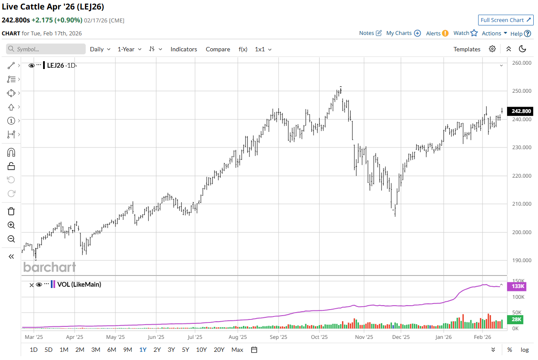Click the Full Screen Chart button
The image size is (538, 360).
coord(506,20)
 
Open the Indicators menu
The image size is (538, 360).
coord(183,49)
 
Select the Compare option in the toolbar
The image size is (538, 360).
coord(218,49)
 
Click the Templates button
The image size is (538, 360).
coord(466,49)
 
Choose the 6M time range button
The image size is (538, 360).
coord(112,350)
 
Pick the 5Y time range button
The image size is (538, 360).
coord(185,350)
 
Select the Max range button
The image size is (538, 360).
coord(237,350)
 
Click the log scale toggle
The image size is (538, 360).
coord(525,350)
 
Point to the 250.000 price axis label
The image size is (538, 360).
coord(521,91)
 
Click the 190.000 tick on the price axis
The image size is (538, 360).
coord(521,260)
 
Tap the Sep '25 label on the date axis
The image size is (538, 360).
coord(278,337)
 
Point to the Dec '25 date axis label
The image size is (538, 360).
coord(401,337)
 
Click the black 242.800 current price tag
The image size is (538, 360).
coord(520,111)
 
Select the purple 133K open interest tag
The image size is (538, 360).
coord(518,286)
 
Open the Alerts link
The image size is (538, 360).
coord(437,33)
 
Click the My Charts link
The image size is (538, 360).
coord(403,33)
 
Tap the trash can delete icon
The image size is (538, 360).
coord(11,211)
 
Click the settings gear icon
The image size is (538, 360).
coord(492,49)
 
